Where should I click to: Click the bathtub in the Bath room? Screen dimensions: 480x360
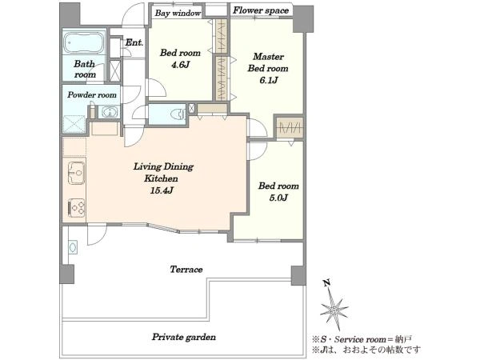click(83, 43)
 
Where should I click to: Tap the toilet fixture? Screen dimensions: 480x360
click(178, 114)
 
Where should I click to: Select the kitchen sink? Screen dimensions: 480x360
click(76, 173)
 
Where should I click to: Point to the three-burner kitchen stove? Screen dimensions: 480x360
click(76, 208)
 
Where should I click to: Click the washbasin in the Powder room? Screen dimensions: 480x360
click(110, 112)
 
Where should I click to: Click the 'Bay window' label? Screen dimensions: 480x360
click(178, 13)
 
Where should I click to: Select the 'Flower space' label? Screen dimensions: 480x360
click(261, 10)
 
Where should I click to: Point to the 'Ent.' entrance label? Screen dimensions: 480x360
click(134, 42)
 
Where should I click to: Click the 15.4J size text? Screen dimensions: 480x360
click(162, 190)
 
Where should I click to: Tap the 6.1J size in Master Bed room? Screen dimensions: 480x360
click(269, 80)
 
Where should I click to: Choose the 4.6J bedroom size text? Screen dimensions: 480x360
click(181, 65)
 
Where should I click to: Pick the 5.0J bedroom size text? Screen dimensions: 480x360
click(278, 198)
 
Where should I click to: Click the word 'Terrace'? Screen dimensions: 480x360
click(186, 270)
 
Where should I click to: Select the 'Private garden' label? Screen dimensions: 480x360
click(184, 337)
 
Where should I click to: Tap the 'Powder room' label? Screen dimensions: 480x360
click(92, 95)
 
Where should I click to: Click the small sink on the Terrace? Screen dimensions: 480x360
click(73, 246)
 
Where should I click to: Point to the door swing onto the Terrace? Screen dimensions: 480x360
click(97, 234)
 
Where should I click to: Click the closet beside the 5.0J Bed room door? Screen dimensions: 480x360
click(290, 127)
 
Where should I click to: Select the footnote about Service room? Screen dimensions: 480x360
click(362, 339)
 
